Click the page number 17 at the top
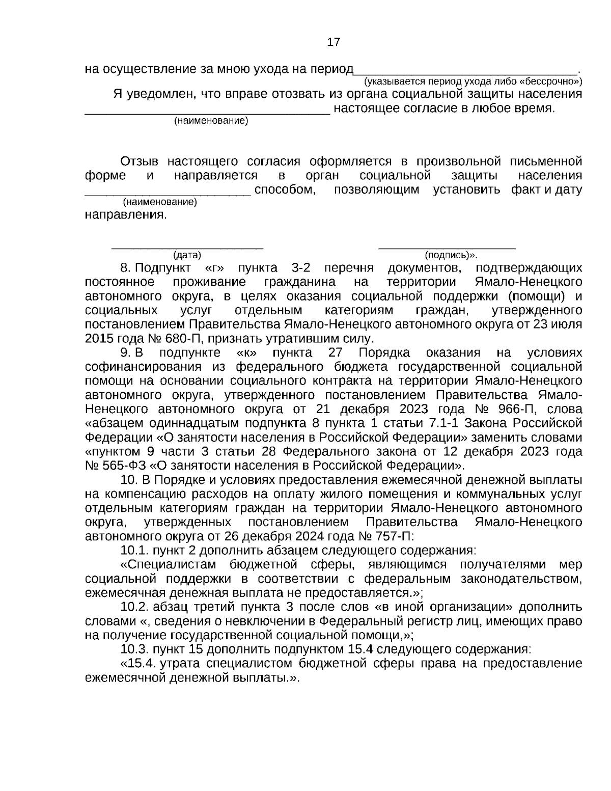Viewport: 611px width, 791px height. point(333,42)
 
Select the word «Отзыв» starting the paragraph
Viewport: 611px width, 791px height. point(139,162)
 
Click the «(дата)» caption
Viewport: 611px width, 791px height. point(187,255)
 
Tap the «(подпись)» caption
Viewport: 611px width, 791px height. point(446,255)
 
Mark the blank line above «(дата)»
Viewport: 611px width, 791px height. point(187,247)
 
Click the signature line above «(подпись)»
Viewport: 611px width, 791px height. point(447,247)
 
